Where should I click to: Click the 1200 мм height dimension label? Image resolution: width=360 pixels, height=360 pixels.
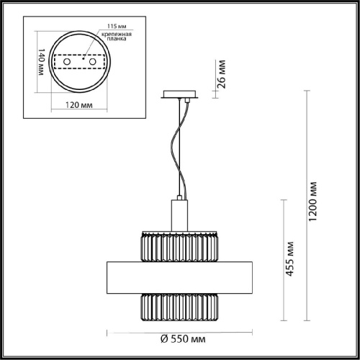point(312,202)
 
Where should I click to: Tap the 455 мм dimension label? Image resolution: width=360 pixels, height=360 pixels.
point(290,259)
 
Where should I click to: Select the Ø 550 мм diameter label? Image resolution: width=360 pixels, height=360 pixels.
point(183,339)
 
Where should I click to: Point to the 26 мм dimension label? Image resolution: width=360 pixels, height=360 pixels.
point(222,74)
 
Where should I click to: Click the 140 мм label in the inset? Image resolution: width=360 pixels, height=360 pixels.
point(41,62)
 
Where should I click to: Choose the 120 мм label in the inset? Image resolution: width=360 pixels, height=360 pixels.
point(79,105)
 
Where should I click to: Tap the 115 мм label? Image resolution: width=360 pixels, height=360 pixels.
point(117,26)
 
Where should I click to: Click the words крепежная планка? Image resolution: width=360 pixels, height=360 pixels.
point(117,36)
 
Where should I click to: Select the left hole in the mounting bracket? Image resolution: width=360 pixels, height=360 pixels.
point(67,62)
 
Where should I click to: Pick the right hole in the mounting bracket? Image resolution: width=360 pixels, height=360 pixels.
point(92,62)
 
